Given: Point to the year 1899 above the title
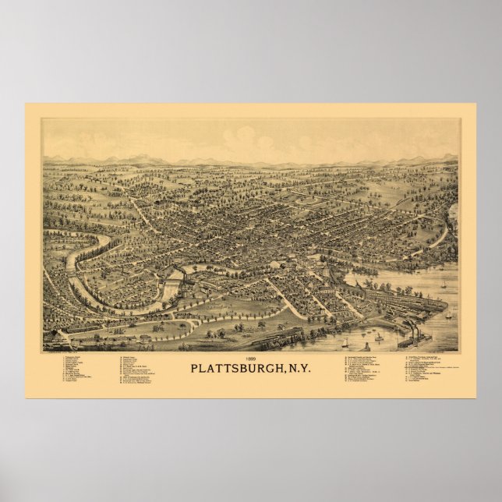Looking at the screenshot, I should (251, 357).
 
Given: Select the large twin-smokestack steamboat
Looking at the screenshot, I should (414, 340).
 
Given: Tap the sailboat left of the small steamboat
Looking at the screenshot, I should (344, 341).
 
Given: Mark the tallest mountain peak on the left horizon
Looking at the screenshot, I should (144, 157).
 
